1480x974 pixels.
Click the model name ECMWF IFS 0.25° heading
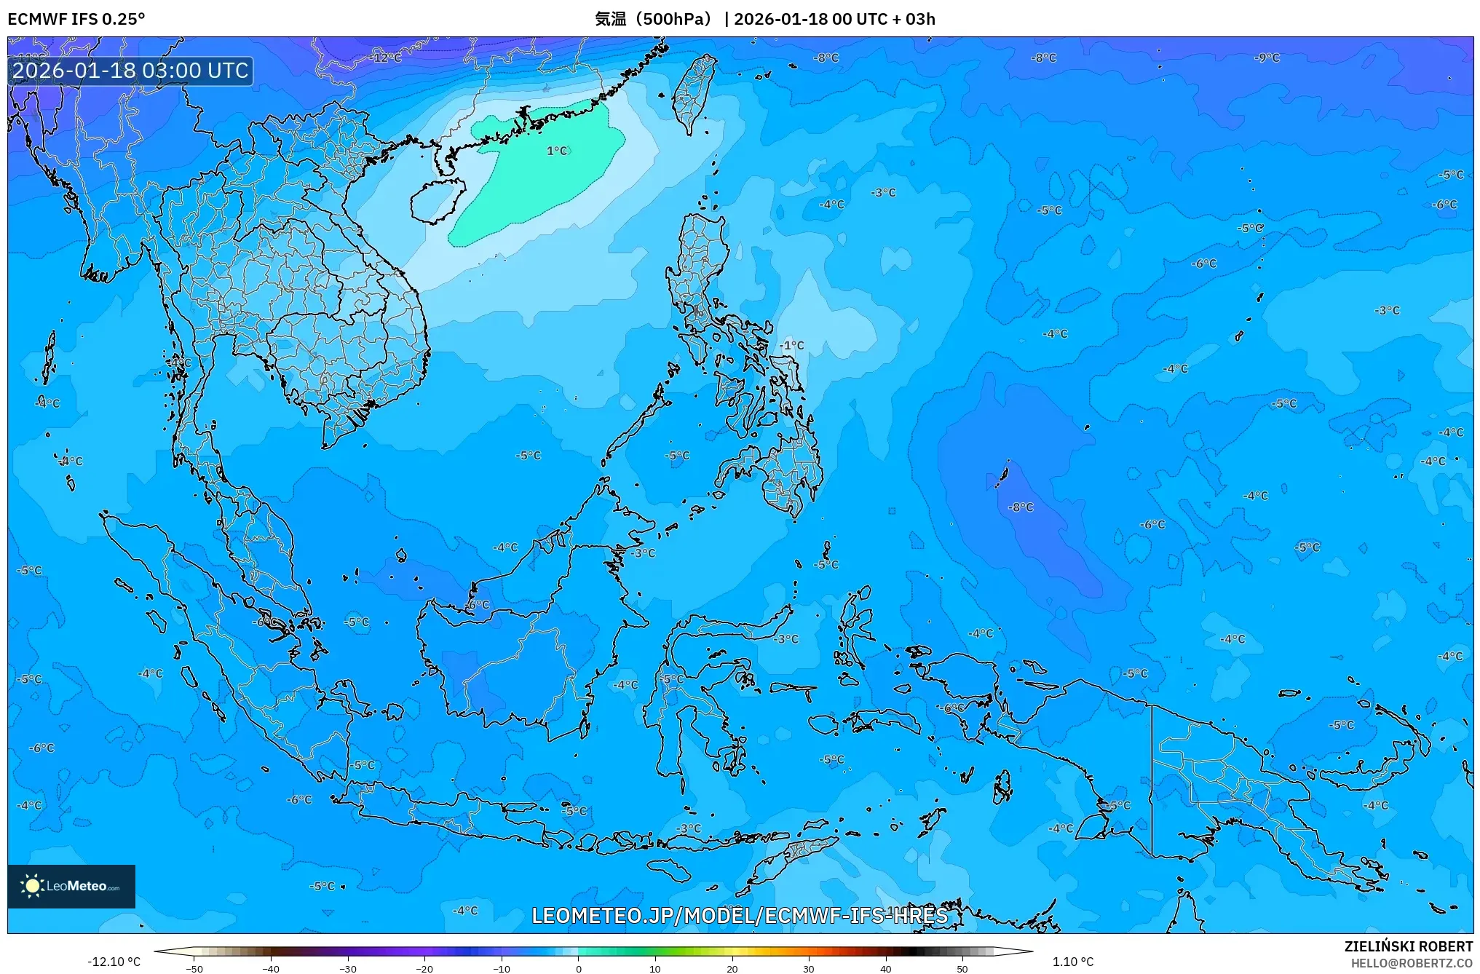(x=76, y=19)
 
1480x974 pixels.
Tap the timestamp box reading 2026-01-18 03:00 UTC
(x=131, y=71)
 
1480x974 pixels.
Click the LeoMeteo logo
(x=71, y=886)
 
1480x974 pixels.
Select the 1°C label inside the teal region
(x=557, y=151)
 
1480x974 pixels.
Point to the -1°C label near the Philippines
(x=792, y=345)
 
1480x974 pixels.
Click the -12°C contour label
(x=387, y=58)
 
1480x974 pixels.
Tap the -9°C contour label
(x=1267, y=58)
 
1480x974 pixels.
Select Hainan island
(x=437, y=200)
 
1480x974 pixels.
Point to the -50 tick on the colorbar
(x=194, y=969)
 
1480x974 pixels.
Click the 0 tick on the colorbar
(x=579, y=969)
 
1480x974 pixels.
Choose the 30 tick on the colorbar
(x=809, y=969)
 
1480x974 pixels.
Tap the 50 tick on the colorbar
(x=962, y=969)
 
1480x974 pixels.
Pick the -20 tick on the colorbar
(x=424, y=969)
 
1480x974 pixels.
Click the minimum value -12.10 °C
(x=114, y=962)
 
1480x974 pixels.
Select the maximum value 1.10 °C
(x=1073, y=962)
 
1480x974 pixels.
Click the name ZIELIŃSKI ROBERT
(x=1409, y=946)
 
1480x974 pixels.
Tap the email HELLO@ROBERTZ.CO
(x=1412, y=963)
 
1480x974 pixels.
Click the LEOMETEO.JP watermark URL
(x=740, y=916)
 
